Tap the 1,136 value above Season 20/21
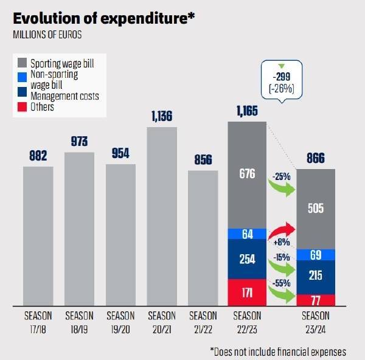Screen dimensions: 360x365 point(162,116)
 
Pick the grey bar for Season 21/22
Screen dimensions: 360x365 point(203,237)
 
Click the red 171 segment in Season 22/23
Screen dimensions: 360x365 point(247,292)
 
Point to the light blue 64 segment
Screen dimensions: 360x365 point(247,234)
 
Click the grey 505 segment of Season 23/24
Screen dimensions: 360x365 point(316,209)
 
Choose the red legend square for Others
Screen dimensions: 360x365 point(21,107)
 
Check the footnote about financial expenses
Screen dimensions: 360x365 point(278,351)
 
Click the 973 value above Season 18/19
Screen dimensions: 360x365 point(79,141)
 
